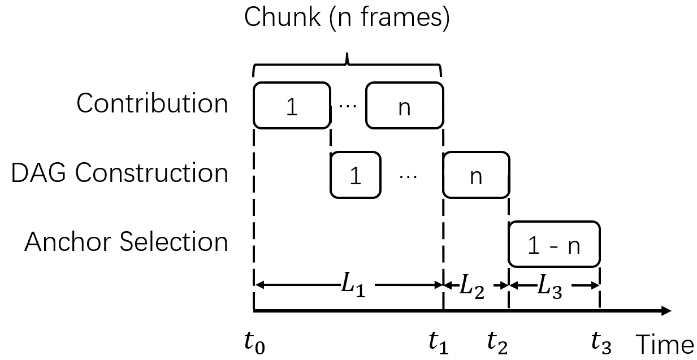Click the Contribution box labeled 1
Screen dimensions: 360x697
291,105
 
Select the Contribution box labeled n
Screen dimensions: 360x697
404,105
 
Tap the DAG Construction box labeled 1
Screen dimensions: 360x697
355,175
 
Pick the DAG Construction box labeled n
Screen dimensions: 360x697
476,175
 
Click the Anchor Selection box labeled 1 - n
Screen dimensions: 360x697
554,244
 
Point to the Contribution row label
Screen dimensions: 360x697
153,104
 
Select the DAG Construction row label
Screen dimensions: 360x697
120,173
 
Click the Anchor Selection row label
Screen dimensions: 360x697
126,242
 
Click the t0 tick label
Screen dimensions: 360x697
254,343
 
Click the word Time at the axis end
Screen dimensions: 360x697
665,344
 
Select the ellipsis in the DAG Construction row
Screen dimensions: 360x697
408,176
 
